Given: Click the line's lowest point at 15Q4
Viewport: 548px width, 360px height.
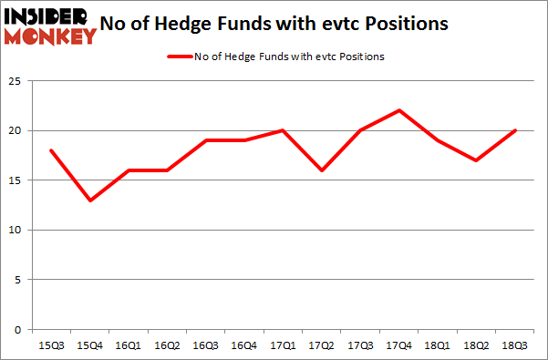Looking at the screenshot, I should pos(89,201).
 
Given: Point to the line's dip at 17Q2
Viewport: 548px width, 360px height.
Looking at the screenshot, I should pos(322,170).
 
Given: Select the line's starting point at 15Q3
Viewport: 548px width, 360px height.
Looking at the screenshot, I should pos(51,150).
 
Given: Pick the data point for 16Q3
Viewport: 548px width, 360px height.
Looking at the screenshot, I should pos(206,140).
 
